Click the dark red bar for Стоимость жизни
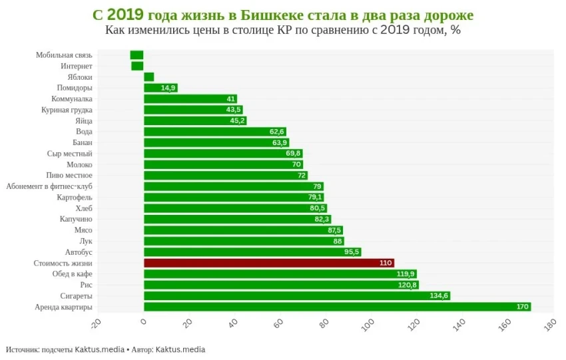click(x=268, y=263)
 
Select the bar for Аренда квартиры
click(x=337, y=307)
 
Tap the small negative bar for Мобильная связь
click(x=137, y=55)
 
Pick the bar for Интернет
click(x=137, y=66)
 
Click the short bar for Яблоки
click(x=148, y=77)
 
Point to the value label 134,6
click(x=438, y=295)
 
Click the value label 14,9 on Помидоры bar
click(x=168, y=88)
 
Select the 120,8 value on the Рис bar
click(x=406, y=285)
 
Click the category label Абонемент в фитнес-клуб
click(x=49, y=186)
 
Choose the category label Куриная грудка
click(x=67, y=110)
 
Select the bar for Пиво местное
click(x=225, y=175)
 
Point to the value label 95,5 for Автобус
click(x=352, y=252)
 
